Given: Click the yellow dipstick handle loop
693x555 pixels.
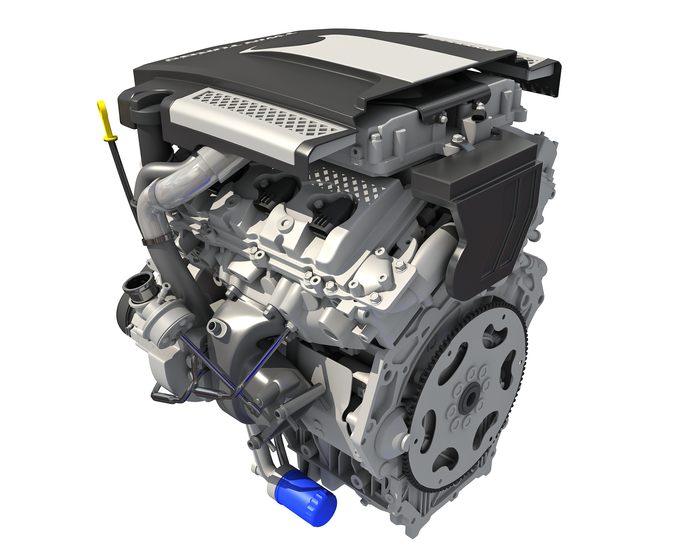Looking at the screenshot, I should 100,105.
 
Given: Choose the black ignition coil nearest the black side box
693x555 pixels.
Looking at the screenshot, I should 326,208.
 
